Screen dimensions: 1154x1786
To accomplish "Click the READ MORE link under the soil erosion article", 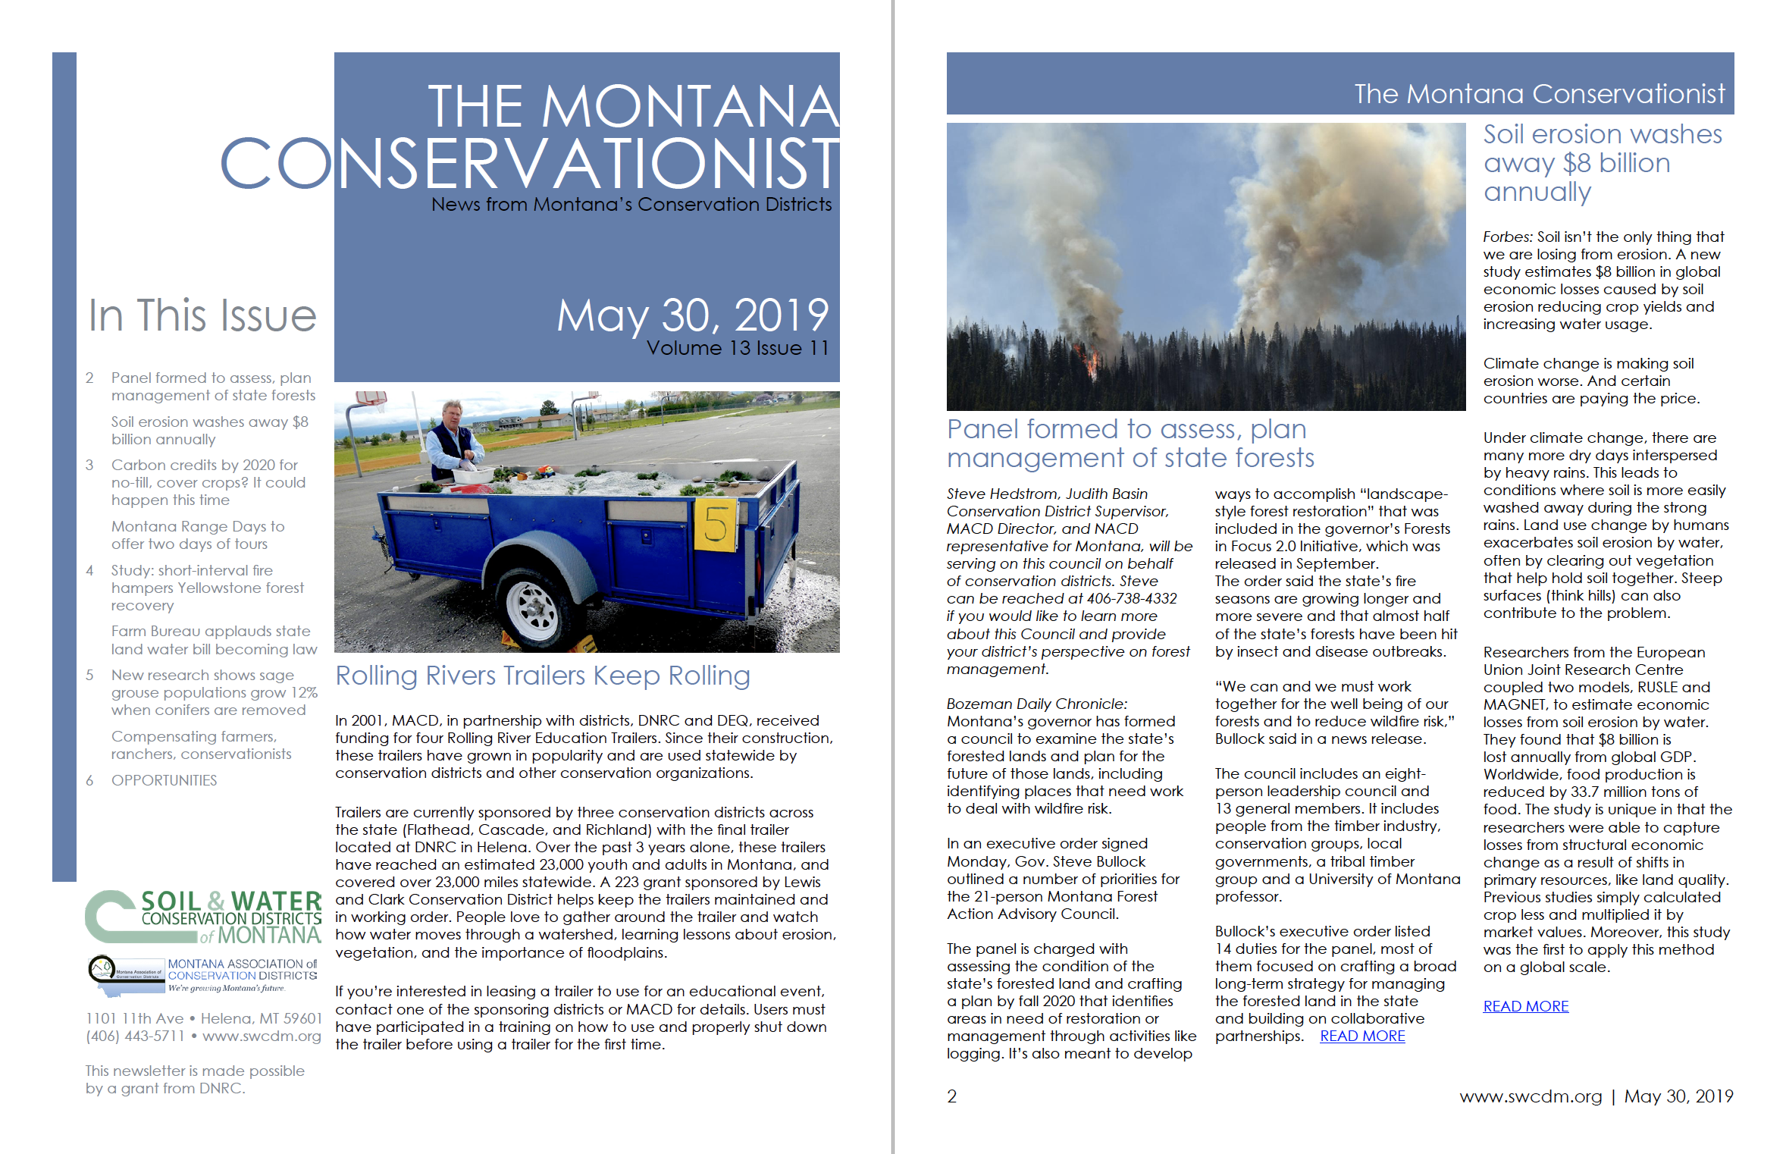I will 1525,1006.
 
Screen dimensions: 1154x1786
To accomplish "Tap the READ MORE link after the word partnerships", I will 1362,1036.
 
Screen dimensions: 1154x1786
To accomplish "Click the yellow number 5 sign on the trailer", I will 714,525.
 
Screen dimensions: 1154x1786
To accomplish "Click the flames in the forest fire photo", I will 1091,362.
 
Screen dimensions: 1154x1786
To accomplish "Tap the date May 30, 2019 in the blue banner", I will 693,315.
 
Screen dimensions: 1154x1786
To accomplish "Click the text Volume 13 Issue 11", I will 738,348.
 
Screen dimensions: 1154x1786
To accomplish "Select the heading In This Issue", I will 202,316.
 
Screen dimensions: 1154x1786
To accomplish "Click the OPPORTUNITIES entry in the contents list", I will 164,780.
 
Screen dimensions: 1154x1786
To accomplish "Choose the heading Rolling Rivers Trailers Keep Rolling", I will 543,676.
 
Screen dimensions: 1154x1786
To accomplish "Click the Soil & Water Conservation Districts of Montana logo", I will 203,917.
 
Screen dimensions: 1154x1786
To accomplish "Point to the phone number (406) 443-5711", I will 135,1036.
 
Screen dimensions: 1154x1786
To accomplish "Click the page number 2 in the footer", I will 952,1096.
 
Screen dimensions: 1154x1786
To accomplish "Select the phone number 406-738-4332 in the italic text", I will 1132,599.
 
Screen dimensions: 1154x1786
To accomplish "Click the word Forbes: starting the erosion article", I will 1508,237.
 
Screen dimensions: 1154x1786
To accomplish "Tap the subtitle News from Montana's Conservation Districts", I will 631,205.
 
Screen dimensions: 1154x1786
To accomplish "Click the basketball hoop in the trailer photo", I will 370,400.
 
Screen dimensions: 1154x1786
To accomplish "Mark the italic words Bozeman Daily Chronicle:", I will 1037,704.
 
